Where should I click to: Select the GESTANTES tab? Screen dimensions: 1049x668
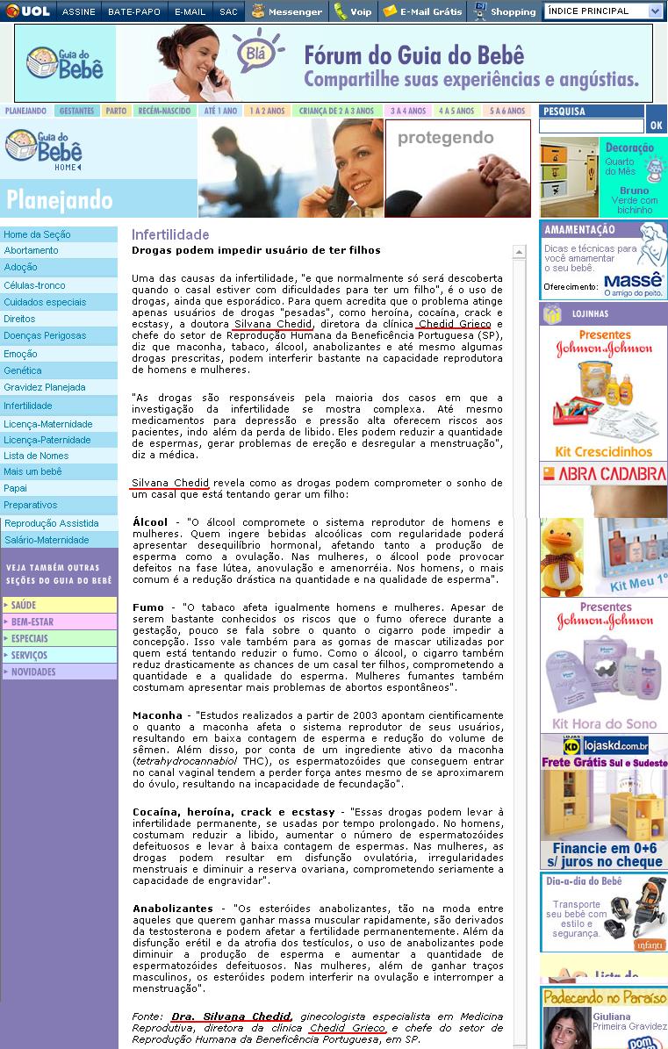tap(76, 111)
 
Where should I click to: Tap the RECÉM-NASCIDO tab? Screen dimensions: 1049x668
tap(164, 111)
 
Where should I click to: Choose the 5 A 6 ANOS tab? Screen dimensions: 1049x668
tap(508, 111)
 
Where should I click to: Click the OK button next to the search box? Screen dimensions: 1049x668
tap(656, 126)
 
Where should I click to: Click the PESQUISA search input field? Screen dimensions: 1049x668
tap(591, 126)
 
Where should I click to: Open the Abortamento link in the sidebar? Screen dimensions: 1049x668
tap(32, 250)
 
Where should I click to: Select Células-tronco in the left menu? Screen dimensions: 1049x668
tap(34, 285)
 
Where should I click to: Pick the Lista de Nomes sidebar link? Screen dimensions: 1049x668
tap(36, 456)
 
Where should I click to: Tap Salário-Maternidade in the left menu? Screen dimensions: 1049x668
tap(47, 540)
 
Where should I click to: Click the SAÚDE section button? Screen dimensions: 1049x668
tap(59, 605)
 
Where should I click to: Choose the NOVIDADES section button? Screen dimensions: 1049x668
tap(59, 672)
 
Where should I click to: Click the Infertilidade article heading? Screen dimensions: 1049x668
tap(170, 234)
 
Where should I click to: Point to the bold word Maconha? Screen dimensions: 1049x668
tap(157, 715)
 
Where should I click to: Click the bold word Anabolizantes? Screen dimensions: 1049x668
tap(173, 908)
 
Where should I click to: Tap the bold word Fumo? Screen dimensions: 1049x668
tap(147, 607)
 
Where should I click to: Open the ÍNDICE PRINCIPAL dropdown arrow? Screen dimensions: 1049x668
tap(656, 11)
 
